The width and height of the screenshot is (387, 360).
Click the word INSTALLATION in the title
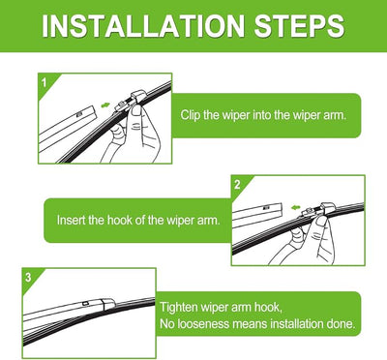point(143,26)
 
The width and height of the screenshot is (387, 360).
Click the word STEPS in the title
point(299,26)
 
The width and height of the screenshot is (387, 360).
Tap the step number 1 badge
point(45,83)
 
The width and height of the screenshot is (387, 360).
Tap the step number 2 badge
point(237,185)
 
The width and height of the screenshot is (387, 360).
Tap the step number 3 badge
point(28,277)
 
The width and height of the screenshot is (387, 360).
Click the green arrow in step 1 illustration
point(105,105)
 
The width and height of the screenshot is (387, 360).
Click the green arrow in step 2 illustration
point(295,207)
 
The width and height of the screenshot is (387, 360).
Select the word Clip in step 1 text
point(191,115)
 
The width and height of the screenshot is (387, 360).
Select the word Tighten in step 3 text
point(179,307)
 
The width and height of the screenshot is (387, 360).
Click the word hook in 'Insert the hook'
point(120,220)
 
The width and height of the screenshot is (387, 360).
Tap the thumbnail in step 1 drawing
point(137,111)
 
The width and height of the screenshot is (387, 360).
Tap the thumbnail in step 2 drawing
point(321,221)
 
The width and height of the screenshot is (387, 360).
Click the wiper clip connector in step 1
point(133,100)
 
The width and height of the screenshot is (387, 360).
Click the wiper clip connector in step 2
point(317,210)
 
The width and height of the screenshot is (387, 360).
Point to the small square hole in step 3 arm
point(85,304)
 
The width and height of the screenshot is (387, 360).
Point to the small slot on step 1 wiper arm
point(79,113)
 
